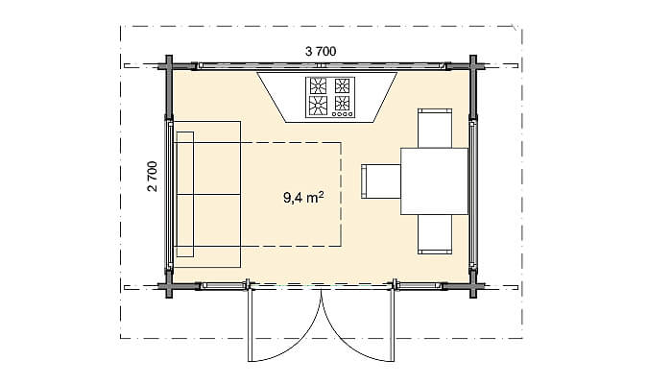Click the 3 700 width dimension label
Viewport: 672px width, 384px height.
click(x=321, y=52)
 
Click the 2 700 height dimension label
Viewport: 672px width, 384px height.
click(x=153, y=176)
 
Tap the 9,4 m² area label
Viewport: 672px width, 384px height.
click(x=303, y=198)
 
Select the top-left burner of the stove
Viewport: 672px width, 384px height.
click(x=318, y=86)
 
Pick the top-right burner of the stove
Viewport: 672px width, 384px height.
click(x=342, y=86)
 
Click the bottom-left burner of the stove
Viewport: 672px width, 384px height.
click(x=318, y=106)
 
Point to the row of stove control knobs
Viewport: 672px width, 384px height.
click(x=343, y=114)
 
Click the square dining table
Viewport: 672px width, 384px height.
click(x=434, y=181)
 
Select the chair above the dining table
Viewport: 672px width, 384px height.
click(x=435, y=129)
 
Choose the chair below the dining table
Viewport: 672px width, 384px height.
click(x=435, y=234)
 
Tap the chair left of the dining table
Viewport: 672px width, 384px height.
click(x=381, y=181)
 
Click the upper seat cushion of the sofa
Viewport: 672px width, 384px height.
click(x=217, y=168)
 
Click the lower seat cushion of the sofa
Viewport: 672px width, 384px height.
click(x=217, y=220)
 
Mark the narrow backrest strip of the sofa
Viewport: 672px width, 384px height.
click(x=184, y=195)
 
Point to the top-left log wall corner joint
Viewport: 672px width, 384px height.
click(x=169, y=66)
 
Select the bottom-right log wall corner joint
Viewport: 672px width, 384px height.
click(x=473, y=286)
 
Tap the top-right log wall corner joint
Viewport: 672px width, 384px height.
click(x=473, y=66)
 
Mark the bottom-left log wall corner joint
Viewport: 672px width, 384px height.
click(x=169, y=286)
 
